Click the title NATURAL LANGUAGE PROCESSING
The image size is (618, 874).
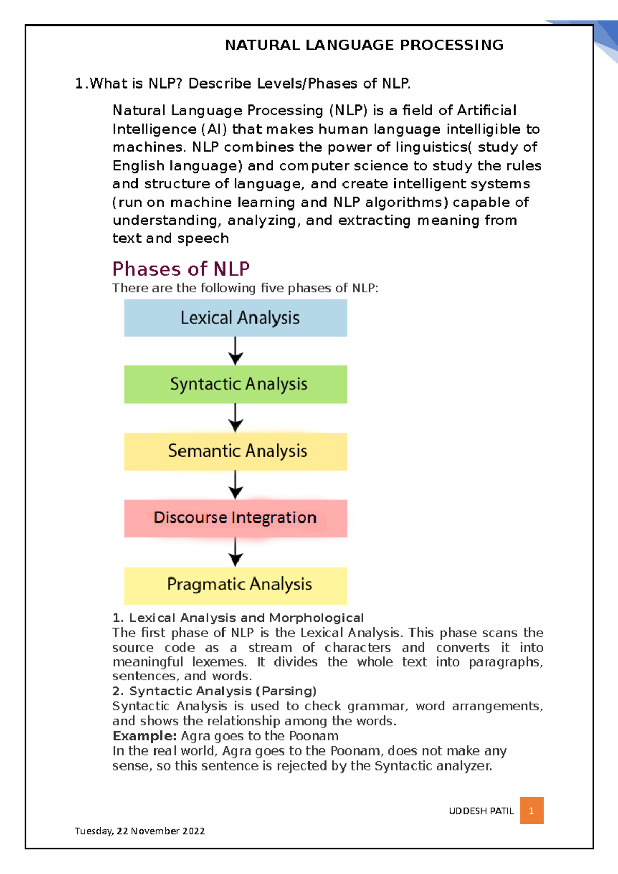tap(364, 45)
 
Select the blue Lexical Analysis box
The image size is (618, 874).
tap(235, 318)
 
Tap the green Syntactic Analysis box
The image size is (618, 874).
tap(235, 384)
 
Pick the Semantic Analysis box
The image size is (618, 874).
tap(235, 451)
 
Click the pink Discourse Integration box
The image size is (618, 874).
tap(235, 518)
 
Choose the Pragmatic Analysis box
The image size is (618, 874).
tap(235, 585)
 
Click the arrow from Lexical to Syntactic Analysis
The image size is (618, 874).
tap(235, 351)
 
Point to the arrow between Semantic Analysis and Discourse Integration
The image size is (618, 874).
tap(235, 485)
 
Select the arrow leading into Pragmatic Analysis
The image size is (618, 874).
tap(235, 552)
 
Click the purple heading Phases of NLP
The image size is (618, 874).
tap(181, 269)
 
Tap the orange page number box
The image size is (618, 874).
tap(531, 811)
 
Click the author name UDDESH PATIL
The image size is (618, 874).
tap(481, 811)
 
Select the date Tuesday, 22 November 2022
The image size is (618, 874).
tap(140, 831)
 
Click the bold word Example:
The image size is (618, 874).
tap(144, 736)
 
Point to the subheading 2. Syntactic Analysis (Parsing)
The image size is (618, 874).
tap(214, 691)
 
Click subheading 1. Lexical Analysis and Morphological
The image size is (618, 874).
tap(237, 618)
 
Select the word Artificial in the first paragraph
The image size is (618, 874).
tap(486, 111)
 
